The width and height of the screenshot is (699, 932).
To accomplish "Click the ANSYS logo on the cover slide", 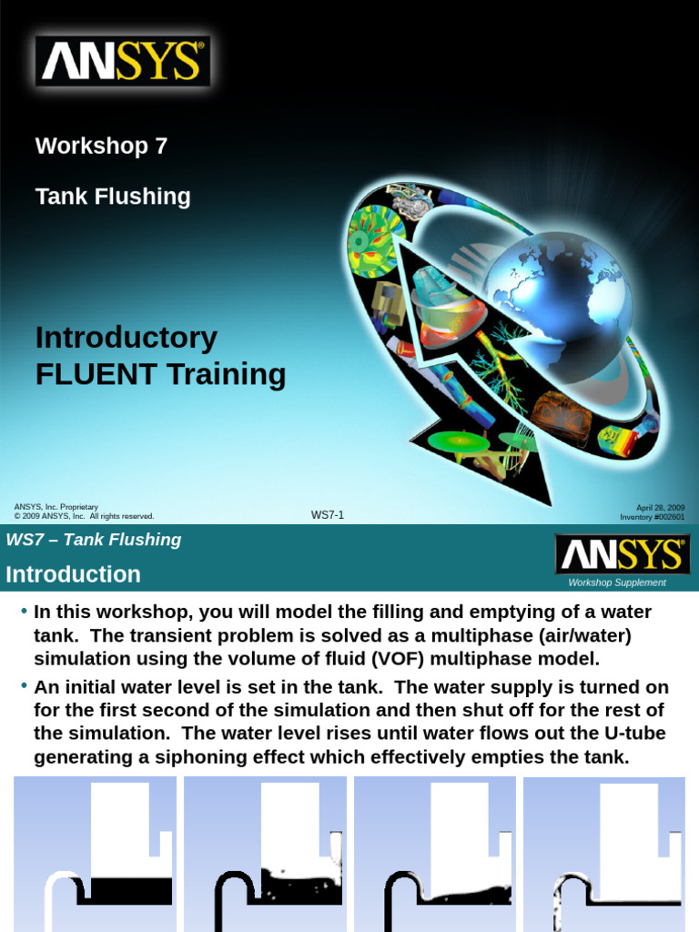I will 123,62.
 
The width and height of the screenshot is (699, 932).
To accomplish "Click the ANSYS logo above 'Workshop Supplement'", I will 623,554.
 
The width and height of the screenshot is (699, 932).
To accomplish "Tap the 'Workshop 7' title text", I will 101,146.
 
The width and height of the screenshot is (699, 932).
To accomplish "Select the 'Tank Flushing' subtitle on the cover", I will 113,197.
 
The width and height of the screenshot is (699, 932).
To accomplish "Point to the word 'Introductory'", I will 127,338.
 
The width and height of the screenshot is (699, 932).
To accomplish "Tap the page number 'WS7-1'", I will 328,515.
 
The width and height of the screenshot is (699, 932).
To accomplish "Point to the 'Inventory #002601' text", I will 653,517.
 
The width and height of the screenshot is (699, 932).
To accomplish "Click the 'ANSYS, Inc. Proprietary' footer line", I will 56,507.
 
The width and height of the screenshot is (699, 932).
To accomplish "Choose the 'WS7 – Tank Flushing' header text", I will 94,540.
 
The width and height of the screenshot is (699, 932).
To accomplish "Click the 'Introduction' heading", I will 74,574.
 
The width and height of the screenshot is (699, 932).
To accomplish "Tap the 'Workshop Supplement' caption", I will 617,582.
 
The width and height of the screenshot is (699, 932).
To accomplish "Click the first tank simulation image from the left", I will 95,854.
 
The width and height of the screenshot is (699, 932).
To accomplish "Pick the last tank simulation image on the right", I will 604,854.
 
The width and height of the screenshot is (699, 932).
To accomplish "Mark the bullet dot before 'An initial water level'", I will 24,685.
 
